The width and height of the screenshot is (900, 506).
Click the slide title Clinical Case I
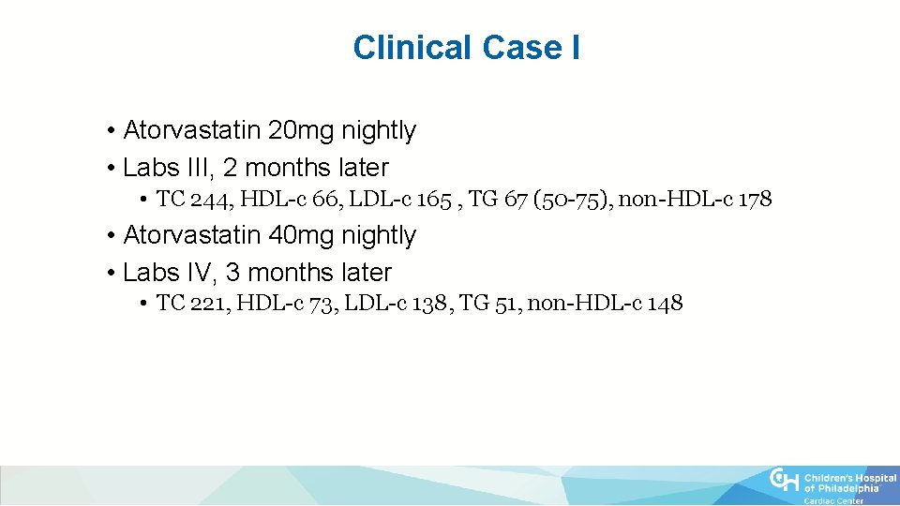[466, 48]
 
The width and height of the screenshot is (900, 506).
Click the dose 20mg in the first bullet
[295, 130]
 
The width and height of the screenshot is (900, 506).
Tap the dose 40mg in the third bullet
[295, 235]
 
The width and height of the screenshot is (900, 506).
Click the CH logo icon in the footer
[786, 480]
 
